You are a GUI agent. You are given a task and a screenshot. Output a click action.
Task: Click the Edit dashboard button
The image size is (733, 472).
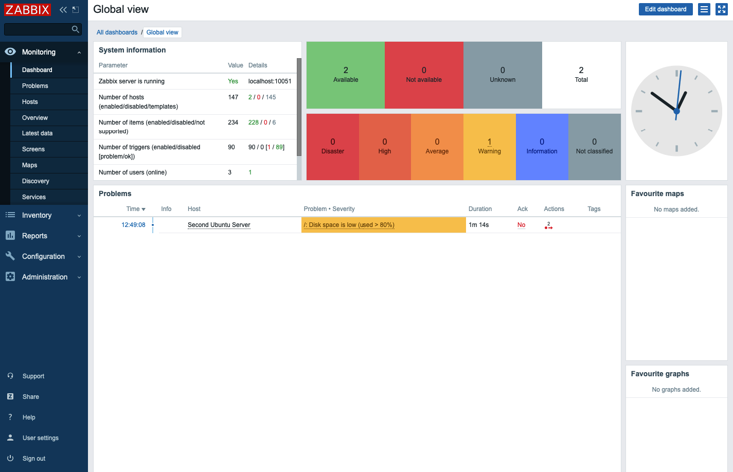pos(665,9)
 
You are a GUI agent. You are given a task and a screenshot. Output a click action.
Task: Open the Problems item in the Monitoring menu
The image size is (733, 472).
pos(35,86)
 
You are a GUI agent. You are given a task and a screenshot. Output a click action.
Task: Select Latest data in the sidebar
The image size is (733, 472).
pos(37,133)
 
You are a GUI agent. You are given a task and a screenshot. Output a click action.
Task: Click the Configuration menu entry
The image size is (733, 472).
pos(43,256)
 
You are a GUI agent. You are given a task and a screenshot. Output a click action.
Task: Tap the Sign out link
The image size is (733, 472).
pos(34,459)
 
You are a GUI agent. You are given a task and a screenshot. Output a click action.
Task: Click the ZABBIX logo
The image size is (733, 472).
pos(28,10)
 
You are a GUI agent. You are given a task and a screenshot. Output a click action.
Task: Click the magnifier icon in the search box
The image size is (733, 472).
pos(76,29)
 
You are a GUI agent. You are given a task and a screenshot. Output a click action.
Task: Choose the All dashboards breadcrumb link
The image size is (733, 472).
pos(117,32)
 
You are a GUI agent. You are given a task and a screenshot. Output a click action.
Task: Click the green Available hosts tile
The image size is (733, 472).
pos(346,75)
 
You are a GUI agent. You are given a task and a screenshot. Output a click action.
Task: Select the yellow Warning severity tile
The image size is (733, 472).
pos(489,147)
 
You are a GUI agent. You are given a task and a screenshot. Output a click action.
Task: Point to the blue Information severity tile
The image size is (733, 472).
pos(542,147)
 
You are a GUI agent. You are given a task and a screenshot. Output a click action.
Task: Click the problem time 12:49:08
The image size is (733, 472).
pos(133,225)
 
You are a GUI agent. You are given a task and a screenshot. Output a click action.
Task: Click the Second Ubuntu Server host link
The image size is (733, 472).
pos(219,225)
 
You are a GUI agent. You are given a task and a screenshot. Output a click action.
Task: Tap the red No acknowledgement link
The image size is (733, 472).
pos(521,225)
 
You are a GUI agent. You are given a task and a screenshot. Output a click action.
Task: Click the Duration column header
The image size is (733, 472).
pos(480,209)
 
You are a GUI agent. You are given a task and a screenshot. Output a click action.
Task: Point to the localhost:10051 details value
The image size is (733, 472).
pos(270,81)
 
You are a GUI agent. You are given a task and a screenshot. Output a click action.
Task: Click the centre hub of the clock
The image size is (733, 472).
pos(676,111)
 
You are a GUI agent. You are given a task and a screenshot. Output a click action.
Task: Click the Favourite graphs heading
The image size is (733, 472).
pos(660,374)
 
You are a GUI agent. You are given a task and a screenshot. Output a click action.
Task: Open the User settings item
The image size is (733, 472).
pos(40,438)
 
